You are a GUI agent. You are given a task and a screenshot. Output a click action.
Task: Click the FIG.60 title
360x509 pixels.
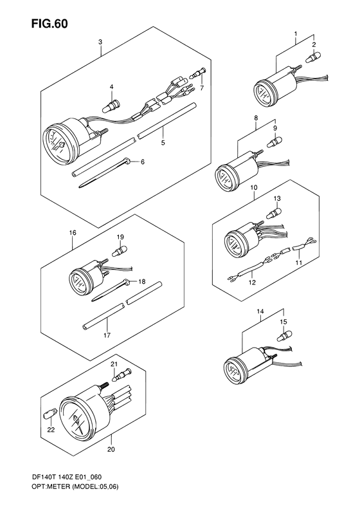50,23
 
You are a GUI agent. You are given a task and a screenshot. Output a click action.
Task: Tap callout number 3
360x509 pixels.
100,42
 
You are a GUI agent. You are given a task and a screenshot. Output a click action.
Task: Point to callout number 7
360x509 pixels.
202,88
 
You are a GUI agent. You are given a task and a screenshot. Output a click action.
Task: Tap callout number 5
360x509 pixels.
163,142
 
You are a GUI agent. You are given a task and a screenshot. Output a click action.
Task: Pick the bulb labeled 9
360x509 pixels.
274,141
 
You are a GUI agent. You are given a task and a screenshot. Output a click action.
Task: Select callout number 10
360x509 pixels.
254,188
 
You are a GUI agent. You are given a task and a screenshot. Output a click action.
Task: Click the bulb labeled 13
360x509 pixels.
273,213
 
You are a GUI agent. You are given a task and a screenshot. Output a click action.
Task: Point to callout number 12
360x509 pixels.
252,282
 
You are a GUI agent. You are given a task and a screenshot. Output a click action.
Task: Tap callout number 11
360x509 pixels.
299,263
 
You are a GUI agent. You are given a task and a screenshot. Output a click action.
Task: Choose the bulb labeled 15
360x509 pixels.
283,335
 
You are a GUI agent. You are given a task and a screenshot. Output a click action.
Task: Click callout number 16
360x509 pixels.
73,232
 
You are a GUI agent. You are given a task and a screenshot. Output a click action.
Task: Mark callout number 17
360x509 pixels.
107,335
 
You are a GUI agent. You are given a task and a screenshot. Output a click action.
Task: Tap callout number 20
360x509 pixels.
111,450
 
